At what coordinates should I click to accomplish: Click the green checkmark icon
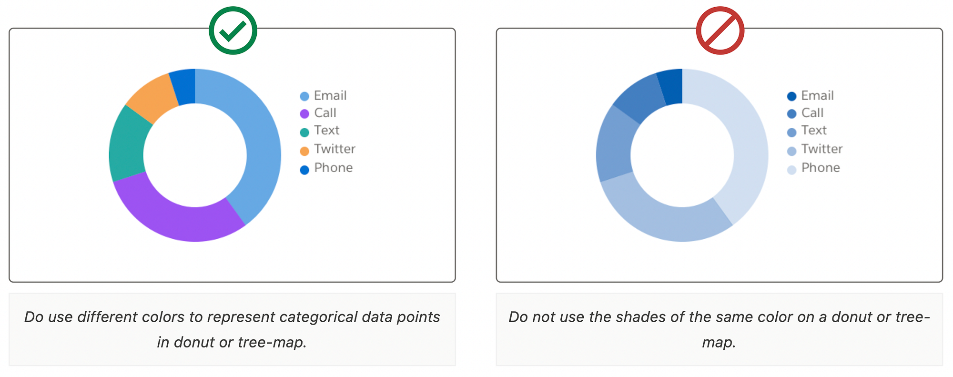233,31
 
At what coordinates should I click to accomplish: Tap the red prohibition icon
720,31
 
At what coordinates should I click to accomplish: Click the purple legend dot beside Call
304,114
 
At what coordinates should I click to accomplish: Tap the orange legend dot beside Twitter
304,151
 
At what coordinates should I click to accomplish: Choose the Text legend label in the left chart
326,131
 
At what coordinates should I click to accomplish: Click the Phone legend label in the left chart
333,168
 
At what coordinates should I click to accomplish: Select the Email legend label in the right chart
817,96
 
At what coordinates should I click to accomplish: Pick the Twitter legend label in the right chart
821,149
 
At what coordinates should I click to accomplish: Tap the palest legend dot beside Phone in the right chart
791,170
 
